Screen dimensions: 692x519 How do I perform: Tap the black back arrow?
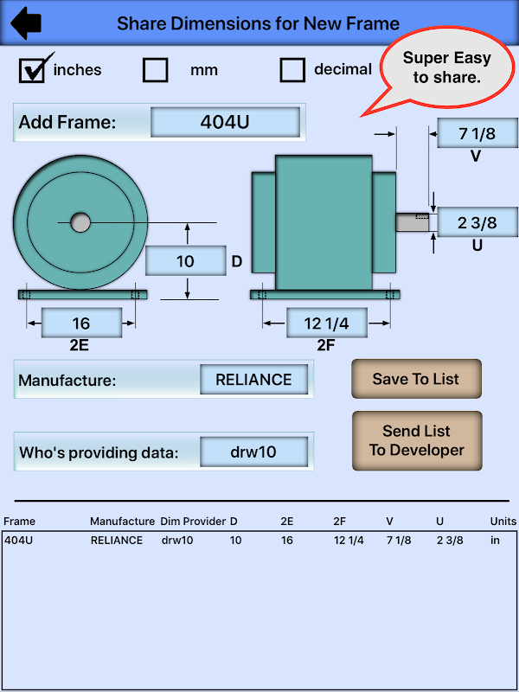pyautogui.click(x=27, y=23)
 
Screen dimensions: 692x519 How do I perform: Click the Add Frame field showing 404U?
pyautogui.click(x=225, y=122)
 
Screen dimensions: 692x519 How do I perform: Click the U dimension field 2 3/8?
pyautogui.click(x=477, y=222)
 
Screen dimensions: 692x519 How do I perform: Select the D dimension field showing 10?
pyautogui.click(x=185, y=261)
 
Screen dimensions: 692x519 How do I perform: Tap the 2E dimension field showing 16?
pyautogui.click(x=81, y=324)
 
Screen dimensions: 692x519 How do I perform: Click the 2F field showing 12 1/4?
pyautogui.click(x=325, y=324)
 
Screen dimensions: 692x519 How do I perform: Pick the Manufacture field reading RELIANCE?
pyautogui.click(x=253, y=379)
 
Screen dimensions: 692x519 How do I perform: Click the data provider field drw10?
pyautogui.click(x=253, y=452)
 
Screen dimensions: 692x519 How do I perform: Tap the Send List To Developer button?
pyautogui.click(x=416, y=440)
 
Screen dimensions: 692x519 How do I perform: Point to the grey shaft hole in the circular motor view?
pyautogui.click(x=80, y=223)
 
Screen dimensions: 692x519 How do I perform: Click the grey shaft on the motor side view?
pyautogui.click(x=413, y=222)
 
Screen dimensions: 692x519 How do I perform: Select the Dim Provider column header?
pyautogui.click(x=191, y=522)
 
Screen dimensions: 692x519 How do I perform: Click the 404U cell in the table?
pyautogui.click(x=19, y=541)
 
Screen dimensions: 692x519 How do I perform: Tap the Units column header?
pyautogui.click(x=503, y=522)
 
